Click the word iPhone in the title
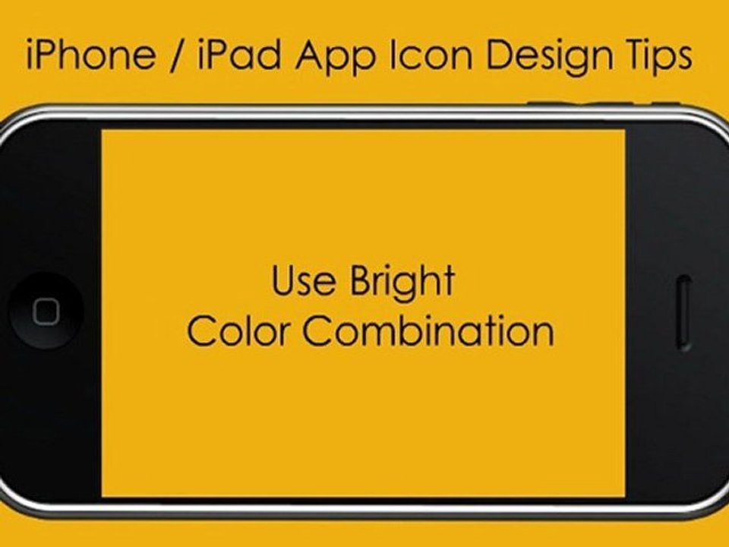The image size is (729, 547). [91, 54]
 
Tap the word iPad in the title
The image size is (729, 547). [239, 54]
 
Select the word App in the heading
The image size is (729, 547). [336, 58]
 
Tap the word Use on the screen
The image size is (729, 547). [303, 280]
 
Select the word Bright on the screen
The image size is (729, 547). [402, 283]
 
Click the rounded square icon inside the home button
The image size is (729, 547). [46, 311]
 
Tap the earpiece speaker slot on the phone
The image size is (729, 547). [684, 312]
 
